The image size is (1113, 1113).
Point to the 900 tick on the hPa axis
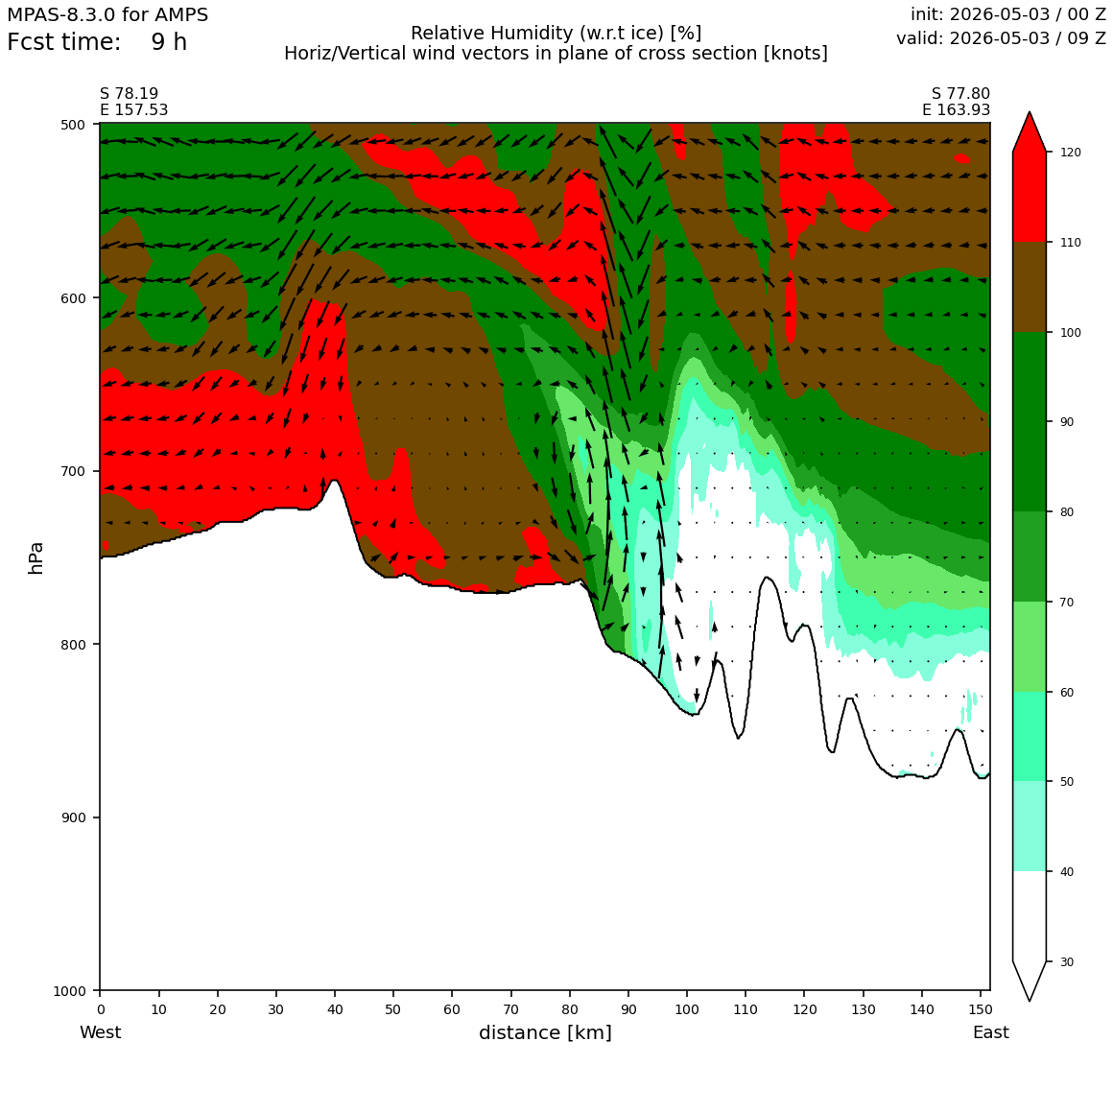click(x=97, y=817)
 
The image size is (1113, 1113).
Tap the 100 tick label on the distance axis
click(x=686, y=1009)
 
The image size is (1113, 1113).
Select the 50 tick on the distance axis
click(x=393, y=994)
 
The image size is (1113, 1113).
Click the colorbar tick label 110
click(x=1070, y=243)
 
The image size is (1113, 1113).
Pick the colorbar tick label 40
click(x=1065, y=872)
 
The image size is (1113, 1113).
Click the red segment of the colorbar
click(x=1030, y=197)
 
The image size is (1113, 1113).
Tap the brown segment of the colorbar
click(x=1030, y=287)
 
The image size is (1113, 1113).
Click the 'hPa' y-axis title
click(x=36, y=557)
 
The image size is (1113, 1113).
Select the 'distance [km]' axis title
click(x=545, y=1032)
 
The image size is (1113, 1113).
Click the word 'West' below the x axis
click(x=100, y=1032)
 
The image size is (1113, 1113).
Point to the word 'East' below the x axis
click(x=991, y=1032)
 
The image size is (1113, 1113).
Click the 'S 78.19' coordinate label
click(x=130, y=94)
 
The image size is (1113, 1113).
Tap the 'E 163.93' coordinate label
click(x=957, y=110)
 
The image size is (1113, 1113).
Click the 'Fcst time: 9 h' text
click(x=97, y=42)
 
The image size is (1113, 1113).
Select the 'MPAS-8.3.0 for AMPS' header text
click(x=107, y=15)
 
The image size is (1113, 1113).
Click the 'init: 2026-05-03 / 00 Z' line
click(x=1008, y=14)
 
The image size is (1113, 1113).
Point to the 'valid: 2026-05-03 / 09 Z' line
click(x=1001, y=38)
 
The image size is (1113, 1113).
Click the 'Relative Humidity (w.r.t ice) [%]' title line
click(x=556, y=34)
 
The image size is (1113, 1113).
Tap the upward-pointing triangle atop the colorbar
click(x=1030, y=132)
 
